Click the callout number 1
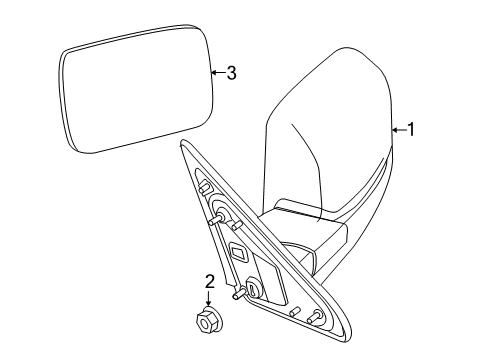pyautogui.click(x=408, y=129)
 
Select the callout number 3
pyautogui.click(x=231, y=72)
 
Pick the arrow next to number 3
pyautogui.click(x=217, y=72)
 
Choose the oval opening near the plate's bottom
pyautogui.click(x=253, y=290)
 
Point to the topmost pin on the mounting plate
pyautogui.click(x=204, y=186)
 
